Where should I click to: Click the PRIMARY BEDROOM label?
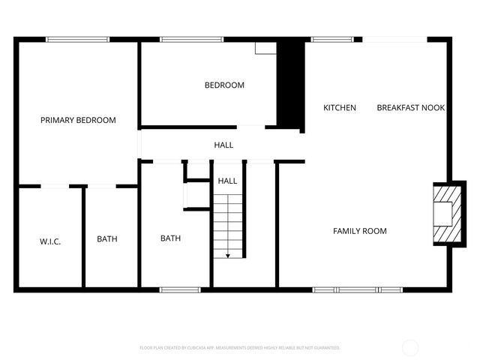78,120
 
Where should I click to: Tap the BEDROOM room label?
224,85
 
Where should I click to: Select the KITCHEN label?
339,108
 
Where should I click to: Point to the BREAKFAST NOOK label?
410,108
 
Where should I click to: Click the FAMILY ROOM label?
360,231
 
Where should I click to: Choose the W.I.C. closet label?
50,241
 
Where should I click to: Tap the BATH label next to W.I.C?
107,239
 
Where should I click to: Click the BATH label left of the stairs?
170,238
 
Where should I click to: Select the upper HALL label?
223,145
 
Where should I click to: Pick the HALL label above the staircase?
227,181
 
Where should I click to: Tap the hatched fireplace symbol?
444,214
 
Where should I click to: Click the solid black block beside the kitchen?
289,82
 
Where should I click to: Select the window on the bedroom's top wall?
191,40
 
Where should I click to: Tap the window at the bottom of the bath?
180,289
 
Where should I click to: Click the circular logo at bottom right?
410,347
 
